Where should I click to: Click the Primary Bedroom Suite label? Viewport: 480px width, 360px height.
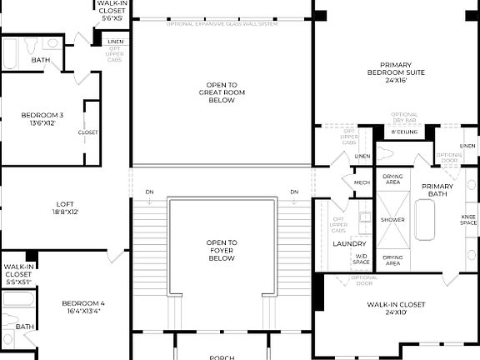tap(402, 73)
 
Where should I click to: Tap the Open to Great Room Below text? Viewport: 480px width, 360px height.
tap(222, 92)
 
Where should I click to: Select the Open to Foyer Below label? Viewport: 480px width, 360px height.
tap(222, 250)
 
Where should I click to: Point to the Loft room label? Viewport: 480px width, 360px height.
tap(67, 207)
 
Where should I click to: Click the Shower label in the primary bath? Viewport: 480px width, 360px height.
tap(392, 220)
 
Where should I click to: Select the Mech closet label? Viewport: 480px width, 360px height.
tap(362, 182)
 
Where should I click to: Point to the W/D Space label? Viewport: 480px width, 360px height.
tap(361, 259)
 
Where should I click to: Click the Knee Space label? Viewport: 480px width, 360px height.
tap(468, 220)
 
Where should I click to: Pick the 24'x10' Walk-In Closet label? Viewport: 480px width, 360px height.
tap(396, 309)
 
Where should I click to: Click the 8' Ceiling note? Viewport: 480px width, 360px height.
tap(404, 132)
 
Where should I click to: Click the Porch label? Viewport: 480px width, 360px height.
tap(222, 357)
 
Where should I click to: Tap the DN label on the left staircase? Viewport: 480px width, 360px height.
tap(148, 192)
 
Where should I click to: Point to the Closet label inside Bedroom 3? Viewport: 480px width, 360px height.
tap(87, 132)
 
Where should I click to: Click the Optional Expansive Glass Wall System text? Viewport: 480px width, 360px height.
tap(222, 22)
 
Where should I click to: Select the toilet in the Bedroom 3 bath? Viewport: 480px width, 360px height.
tap(32, 42)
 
